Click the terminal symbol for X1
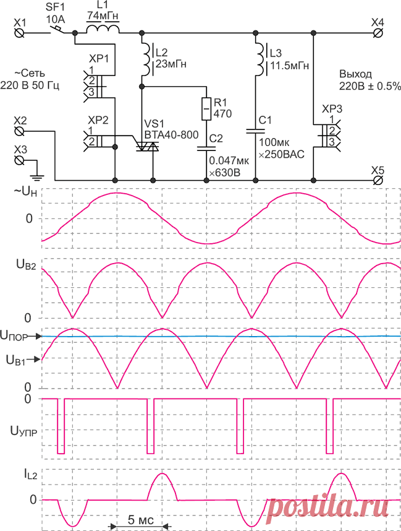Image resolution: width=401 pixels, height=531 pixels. pyautogui.click(x=20, y=33)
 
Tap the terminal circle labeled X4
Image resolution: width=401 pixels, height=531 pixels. pyautogui.click(x=378, y=33)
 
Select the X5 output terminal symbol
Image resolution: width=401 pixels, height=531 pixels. pyautogui.click(x=378, y=180)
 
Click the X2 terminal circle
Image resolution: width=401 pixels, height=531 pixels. pyautogui.click(x=20, y=131)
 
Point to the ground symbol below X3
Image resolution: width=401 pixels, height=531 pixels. pyautogui.click(x=36, y=175)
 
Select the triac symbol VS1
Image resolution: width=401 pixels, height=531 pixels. pyautogui.click(x=148, y=146)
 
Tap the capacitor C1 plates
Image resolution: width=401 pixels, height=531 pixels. pyautogui.click(x=255, y=131)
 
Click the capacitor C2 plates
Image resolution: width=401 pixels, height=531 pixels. pyautogui.click(x=206, y=149)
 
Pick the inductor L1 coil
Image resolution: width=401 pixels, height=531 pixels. pyautogui.click(x=103, y=28)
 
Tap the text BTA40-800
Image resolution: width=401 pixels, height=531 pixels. pyautogui.click(x=171, y=135)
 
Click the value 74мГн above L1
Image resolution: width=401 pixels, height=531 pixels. pyautogui.click(x=103, y=16)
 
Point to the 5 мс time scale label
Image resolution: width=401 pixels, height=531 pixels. pyautogui.click(x=141, y=520)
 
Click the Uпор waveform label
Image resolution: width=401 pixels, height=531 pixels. pyautogui.click(x=14, y=335)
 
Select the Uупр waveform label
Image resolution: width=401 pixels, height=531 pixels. pyautogui.click(x=23, y=431)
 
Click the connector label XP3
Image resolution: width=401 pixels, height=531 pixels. pyautogui.click(x=332, y=109)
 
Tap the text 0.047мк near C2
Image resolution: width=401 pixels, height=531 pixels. pyautogui.click(x=229, y=160)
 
